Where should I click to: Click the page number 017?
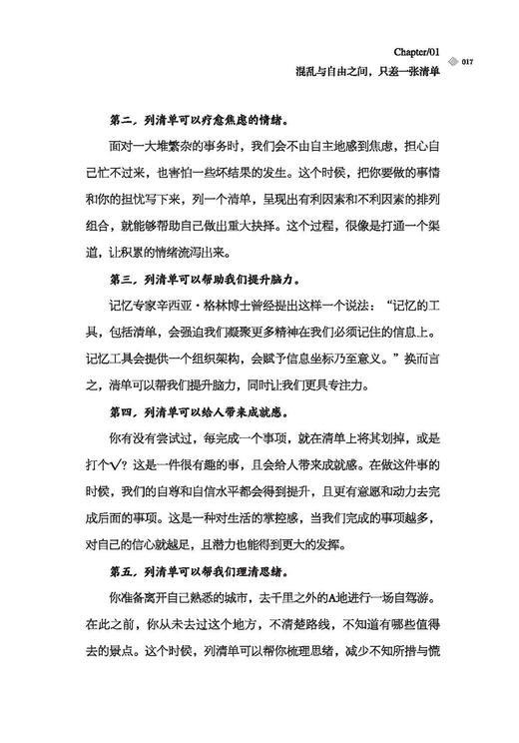(467, 63)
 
